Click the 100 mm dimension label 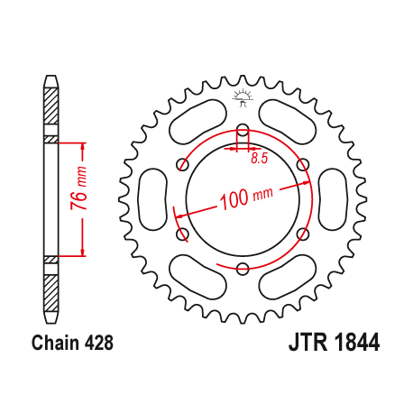(244, 196)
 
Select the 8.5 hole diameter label (260, 159)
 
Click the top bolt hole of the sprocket (243, 129)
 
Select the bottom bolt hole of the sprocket (243, 268)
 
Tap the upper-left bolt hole (183, 164)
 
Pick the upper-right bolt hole (303, 164)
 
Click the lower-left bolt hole (183, 234)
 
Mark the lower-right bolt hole (303, 234)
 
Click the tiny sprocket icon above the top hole (242, 95)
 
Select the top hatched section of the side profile (51, 113)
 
